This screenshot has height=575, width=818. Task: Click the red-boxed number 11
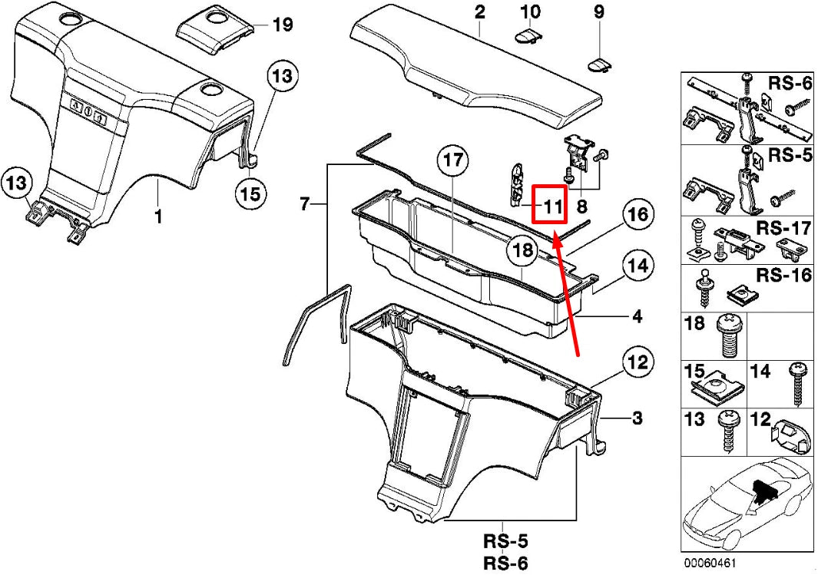tap(553, 207)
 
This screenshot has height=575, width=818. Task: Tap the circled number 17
tap(453, 159)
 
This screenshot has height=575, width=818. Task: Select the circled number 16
tap(638, 214)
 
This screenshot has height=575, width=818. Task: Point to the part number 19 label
tap(283, 25)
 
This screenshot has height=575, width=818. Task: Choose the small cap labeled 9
tap(600, 65)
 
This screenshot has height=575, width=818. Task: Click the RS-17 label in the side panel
tap(783, 228)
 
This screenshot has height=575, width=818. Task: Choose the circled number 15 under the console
tap(250, 193)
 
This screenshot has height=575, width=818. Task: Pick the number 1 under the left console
tap(158, 215)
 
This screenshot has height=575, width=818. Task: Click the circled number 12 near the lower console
tap(638, 362)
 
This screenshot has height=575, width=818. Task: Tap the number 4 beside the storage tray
tap(638, 316)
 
